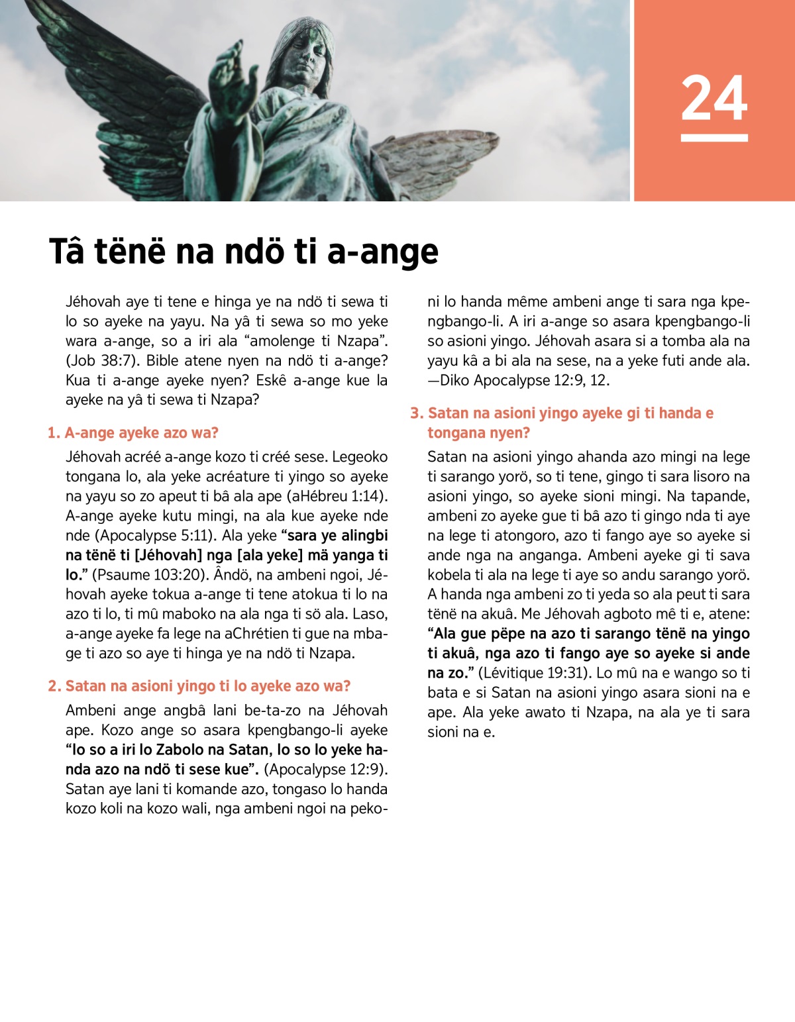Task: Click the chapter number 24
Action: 714,98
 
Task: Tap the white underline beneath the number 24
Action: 714,138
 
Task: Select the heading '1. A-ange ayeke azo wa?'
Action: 132,433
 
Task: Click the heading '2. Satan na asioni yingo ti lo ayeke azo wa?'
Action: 199,686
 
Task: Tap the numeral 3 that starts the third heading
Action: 415,413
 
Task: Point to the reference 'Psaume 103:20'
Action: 147,575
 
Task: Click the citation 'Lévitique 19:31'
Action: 533,673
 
